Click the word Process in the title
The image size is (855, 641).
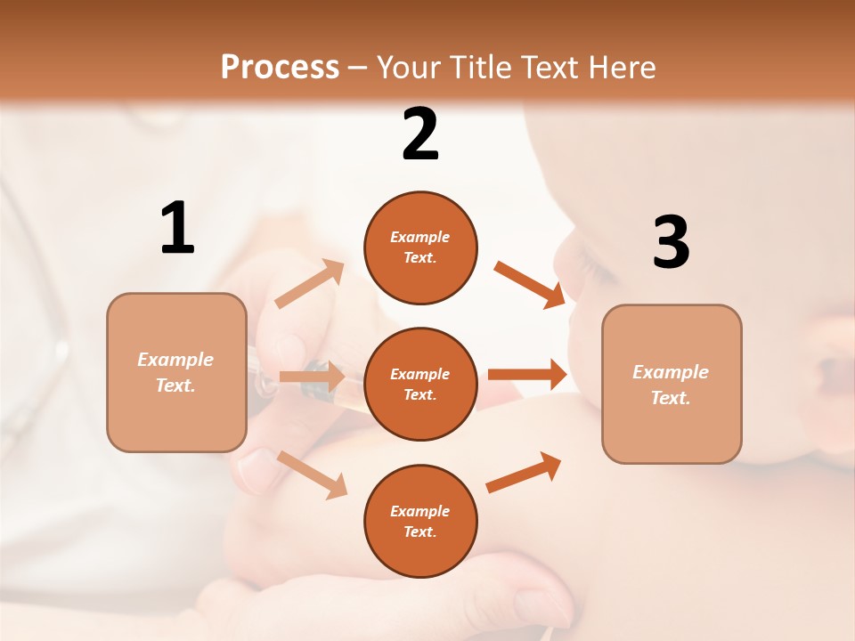point(280,68)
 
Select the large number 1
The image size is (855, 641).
point(177,229)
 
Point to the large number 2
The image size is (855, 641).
point(420,134)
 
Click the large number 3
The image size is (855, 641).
point(671,243)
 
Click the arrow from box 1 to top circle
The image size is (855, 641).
point(309,284)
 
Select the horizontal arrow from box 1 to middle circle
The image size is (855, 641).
point(311,377)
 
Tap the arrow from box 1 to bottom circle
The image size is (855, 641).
point(312,474)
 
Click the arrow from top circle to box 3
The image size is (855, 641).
point(529,284)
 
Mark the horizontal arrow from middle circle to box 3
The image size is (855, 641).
point(526,374)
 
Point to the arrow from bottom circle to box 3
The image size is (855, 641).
point(524,473)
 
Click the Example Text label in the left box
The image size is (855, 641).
point(175,372)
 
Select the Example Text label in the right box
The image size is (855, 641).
point(671,385)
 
